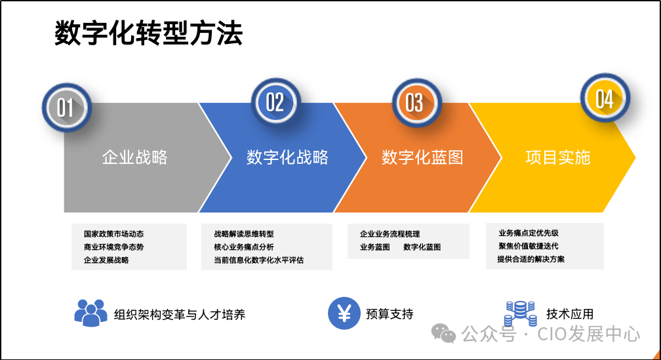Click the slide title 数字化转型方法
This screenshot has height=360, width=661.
coord(148,34)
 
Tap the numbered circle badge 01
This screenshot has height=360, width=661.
coord(66,107)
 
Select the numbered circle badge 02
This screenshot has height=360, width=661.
coord(275,102)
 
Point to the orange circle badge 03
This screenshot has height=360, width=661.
coord(414,103)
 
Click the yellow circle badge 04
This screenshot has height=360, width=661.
coord(604,100)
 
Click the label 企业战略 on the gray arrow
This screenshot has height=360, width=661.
coord(135,157)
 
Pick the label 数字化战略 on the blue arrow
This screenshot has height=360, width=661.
coord(287,157)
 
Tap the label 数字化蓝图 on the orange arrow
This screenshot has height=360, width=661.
coord(422,157)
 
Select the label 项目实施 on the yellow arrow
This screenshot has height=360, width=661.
coord(558,157)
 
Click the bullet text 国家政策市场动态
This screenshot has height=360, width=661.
coord(113,234)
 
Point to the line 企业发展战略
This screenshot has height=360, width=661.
coord(106,260)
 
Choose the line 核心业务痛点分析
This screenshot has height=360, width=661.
coord(244,247)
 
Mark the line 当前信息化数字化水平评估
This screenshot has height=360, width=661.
coord(258,260)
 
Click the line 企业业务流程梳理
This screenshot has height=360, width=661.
coord(390,234)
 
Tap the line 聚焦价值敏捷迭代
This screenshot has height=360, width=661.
coord(528,246)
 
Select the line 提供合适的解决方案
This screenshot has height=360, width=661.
coord(531,259)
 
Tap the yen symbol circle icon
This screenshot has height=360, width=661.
coord(344,313)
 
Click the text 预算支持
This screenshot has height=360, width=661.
coord(390,314)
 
